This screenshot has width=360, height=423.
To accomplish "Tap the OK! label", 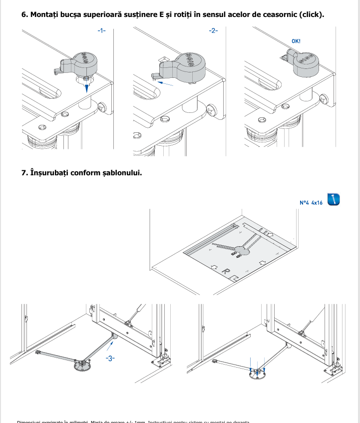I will click(296, 41).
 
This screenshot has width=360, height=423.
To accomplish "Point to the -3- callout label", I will click(110, 359).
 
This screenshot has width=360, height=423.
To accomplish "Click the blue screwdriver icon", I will click(334, 199).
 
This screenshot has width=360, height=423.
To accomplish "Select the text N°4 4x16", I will click(311, 203).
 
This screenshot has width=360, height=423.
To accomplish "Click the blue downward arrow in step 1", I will click(87, 87).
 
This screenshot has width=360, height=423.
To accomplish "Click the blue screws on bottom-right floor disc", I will click(258, 370).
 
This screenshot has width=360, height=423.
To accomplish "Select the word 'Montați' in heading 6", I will click(46, 14).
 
